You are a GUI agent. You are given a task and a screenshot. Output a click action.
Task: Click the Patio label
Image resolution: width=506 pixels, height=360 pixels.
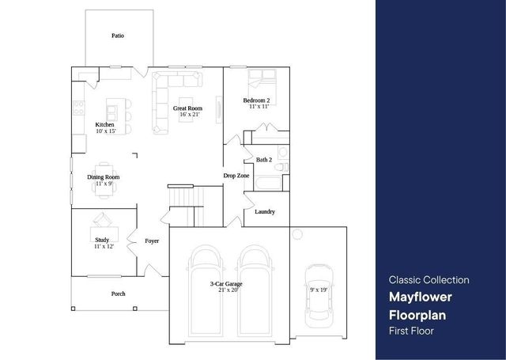[x=117, y=36]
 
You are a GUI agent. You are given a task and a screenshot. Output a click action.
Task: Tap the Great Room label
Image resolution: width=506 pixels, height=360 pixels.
[x=188, y=108]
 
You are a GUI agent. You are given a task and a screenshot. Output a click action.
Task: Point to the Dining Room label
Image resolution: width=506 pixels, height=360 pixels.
[x=104, y=177]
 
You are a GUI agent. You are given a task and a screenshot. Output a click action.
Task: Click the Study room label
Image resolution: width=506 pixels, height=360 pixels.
[x=102, y=239]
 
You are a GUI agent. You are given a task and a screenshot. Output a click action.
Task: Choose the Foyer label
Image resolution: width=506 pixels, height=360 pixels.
[x=152, y=241]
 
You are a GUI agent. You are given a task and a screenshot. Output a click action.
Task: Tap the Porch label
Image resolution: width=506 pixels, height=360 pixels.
[x=118, y=294]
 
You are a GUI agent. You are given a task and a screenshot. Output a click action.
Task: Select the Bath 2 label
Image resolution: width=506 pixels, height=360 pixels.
[x=264, y=160]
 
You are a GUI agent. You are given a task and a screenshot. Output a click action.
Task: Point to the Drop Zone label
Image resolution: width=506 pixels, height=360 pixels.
[x=236, y=176]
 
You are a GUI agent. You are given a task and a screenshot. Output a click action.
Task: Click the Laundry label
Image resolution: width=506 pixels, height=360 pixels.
[x=265, y=211]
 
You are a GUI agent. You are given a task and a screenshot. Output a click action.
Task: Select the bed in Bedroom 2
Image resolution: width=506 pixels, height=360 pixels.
[x=261, y=80]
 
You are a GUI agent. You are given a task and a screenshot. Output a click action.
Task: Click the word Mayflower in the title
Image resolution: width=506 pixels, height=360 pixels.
[x=421, y=298]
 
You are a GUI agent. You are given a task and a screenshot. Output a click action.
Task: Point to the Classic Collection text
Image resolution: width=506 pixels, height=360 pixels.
[x=429, y=280]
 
